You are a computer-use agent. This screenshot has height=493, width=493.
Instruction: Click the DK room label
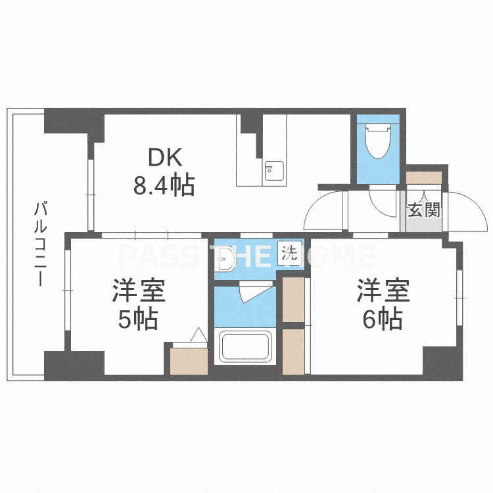165,157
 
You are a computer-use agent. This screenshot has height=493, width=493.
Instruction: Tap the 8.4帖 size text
164,185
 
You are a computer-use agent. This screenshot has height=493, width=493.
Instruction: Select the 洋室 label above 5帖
139,290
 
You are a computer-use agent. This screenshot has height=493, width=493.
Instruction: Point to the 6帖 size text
383,319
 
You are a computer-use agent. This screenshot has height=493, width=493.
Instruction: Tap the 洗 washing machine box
289,253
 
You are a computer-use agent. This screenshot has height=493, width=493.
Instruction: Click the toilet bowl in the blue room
378,141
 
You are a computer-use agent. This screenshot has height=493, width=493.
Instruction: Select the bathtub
245,346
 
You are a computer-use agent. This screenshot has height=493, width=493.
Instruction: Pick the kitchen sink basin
274,171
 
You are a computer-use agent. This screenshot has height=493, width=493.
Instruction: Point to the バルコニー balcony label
41,245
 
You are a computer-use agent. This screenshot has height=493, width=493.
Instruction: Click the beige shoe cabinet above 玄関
424,177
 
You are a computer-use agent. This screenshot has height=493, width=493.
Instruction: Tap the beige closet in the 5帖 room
189,361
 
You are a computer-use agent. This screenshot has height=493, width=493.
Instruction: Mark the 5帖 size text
138,319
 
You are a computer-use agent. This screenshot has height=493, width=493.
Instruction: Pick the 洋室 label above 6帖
383,290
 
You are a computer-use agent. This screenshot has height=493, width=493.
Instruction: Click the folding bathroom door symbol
255,291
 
